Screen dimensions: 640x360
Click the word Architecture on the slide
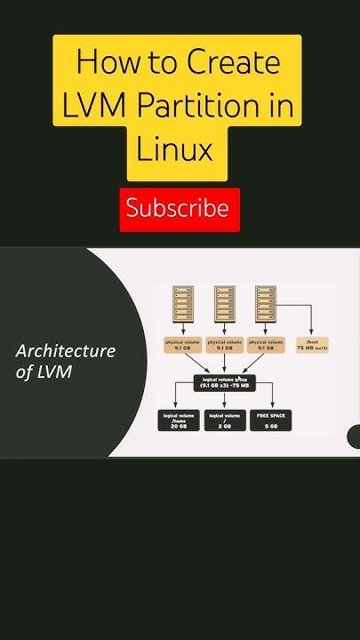click(x=66, y=350)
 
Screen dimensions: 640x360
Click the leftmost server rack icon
click(x=183, y=304)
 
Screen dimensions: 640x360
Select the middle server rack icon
click(x=225, y=304)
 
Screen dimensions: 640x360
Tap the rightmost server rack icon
click(x=267, y=304)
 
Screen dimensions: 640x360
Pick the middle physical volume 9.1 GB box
click(x=225, y=344)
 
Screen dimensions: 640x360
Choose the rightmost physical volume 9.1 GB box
click(x=267, y=344)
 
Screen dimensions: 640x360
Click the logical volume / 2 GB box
click(x=225, y=420)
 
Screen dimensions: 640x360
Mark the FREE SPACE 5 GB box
click(x=268, y=420)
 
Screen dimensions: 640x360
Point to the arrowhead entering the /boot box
click(x=310, y=333)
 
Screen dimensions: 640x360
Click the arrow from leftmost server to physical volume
click(x=183, y=328)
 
